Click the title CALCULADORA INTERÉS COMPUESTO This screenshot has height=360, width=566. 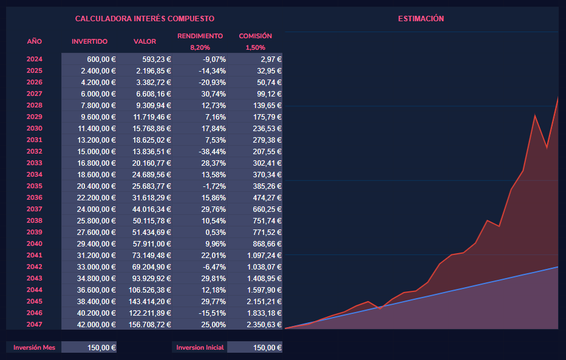(x=145, y=19)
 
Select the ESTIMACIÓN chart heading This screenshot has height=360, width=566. (x=421, y=19)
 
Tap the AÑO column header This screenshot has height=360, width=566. (x=35, y=41)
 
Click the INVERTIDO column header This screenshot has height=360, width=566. (x=89, y=41)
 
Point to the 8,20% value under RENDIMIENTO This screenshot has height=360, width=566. (x=200, y=47)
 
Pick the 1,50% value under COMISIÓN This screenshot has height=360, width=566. (x=255, y=47)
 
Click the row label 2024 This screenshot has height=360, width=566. (x=35, y=59)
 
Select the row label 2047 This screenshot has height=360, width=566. (x=35, y=325)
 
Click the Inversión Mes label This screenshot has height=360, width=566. (x=34, y=348)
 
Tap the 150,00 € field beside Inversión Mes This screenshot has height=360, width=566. (x=90, y=348)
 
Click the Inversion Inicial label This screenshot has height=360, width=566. (x=200, y=348)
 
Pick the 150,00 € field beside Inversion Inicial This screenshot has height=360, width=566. (x=255, y=348)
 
